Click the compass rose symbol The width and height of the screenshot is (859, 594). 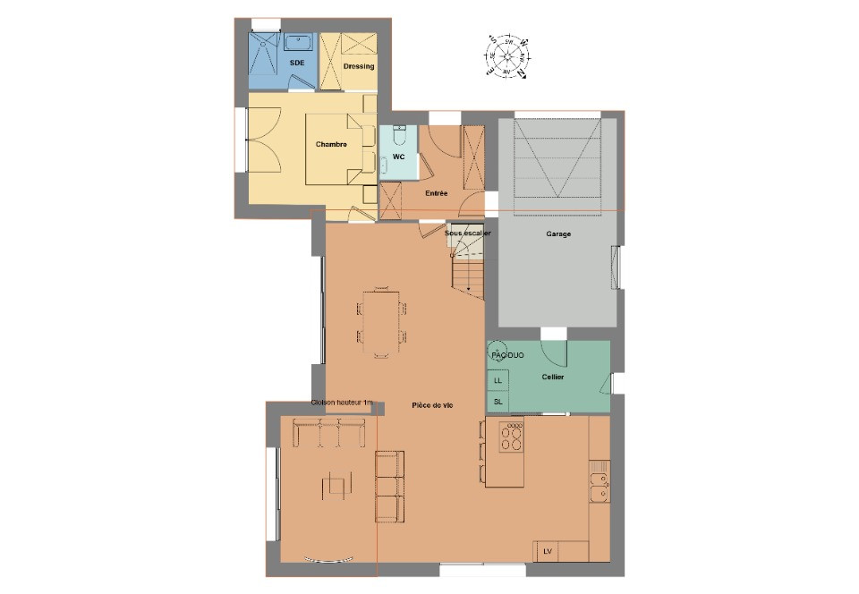[507, 56]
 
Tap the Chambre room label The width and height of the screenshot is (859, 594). [331, 144]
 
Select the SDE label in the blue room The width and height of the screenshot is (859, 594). [296, 62]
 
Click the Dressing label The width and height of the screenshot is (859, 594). [358, 66]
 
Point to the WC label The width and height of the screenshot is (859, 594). [399, 157]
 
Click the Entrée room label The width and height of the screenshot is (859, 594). [437, 193]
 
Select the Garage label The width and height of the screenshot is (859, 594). [558, 234]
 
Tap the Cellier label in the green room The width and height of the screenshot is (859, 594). [552, 377]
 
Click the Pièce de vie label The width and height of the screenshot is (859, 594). [432, 405]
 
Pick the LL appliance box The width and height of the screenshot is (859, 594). [498, 380]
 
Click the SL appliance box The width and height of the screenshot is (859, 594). [498, 402]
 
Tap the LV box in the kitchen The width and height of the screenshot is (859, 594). [547, 551]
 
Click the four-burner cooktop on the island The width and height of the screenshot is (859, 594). [512, 437]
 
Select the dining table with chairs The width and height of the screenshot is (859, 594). [382, 322]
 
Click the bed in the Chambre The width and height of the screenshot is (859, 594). [337, 148]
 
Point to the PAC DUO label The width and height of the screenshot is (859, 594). [507, 355]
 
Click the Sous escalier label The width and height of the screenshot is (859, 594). [468, 233]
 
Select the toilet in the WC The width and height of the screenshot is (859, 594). [400, 136]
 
